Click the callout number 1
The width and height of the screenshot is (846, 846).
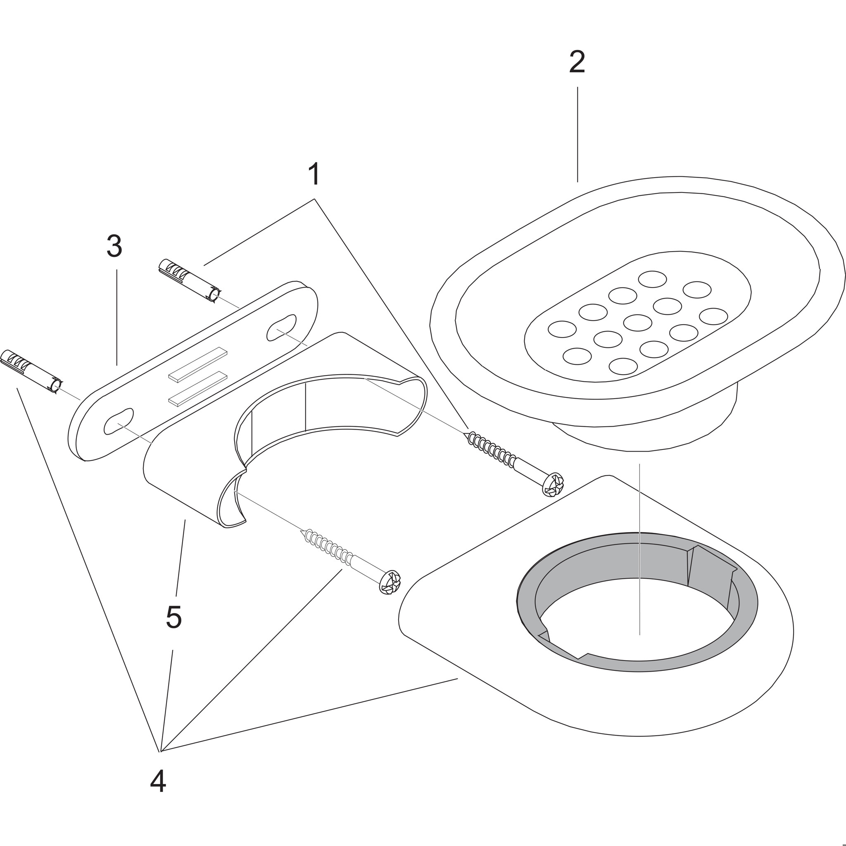[314, 174]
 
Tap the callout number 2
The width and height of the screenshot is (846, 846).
[577, 62]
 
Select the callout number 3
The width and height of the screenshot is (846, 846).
[114, 246]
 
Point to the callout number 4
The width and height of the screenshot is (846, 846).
[158, 794]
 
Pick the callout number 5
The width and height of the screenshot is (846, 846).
[173, 618]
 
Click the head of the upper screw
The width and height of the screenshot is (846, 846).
[553, 484]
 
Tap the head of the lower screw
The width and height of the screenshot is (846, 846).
[389, 582]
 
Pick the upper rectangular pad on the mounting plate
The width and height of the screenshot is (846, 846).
[198, 364]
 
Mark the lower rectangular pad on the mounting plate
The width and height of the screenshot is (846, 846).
[198, 388]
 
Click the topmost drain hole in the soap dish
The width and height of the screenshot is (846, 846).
[652, 279]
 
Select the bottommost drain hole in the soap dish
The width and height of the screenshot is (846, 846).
[623, 366]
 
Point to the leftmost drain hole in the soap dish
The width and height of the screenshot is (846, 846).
[562, 329]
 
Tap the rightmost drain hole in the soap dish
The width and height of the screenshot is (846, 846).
[713, 316]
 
